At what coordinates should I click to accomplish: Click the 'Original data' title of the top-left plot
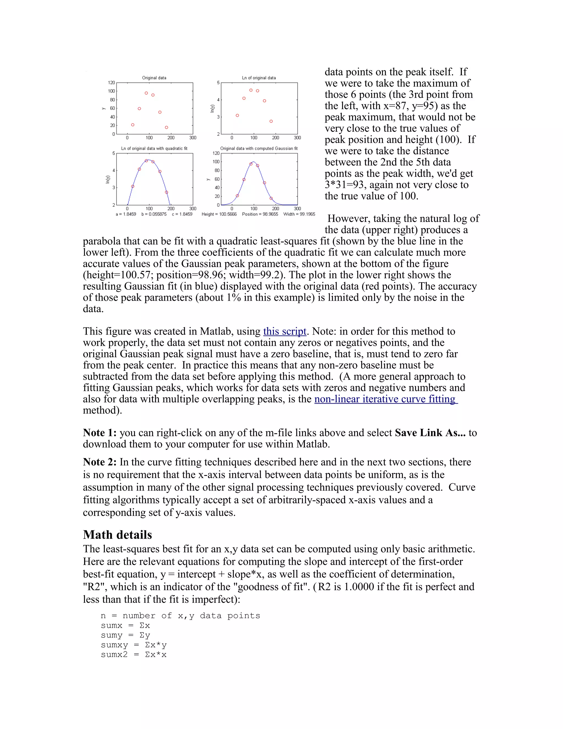pyautogui.click(x=154, y=78)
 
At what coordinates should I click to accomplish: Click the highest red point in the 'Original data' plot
pyautogui.click(x=146, y=93)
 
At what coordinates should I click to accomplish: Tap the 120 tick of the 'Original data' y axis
pyautogui.click(x=111, y=83)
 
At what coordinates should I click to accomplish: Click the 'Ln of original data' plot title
pyautogui.click(x=259, y=78)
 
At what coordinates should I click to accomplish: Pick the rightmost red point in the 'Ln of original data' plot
pyautogui.click(x=271, y=121)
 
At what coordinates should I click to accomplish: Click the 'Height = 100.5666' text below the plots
pyautogui.click(x=219, y=214)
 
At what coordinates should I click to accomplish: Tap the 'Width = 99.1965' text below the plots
pyautogui.click(x=299, y=214)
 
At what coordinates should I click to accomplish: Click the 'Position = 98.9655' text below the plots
pyautogui.click(x=260, y=214)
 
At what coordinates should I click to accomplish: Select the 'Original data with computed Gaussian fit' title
pyautogui.click(x=259, y=149)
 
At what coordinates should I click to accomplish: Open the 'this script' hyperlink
pyautogui.click(x=285, y=331)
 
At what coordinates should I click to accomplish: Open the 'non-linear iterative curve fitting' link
pyautogui.click(x=386, y=399)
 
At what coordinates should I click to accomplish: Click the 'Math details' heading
pyautogui.click(x=117, y=535)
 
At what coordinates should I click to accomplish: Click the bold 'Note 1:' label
pyautogui.click(x=100, y=433)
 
